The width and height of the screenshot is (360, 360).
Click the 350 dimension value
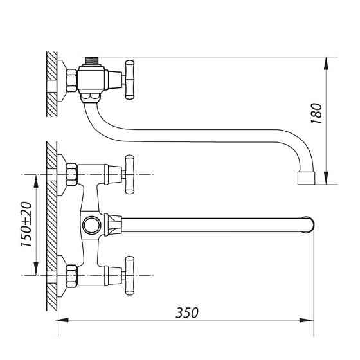point(187,312)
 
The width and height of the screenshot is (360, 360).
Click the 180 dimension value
point(316,113)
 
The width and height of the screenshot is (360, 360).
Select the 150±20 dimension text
point(26,224)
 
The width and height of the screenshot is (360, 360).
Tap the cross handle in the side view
point(129,80)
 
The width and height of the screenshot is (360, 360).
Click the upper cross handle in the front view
point(129,174)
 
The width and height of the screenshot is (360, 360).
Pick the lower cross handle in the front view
point(129,275)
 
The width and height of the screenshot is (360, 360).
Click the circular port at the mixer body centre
point(91,225)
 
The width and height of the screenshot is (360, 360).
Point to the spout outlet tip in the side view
point(306,177)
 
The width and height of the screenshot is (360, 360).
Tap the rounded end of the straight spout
point(310,225)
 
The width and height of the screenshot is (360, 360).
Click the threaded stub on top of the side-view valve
point(91,60)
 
